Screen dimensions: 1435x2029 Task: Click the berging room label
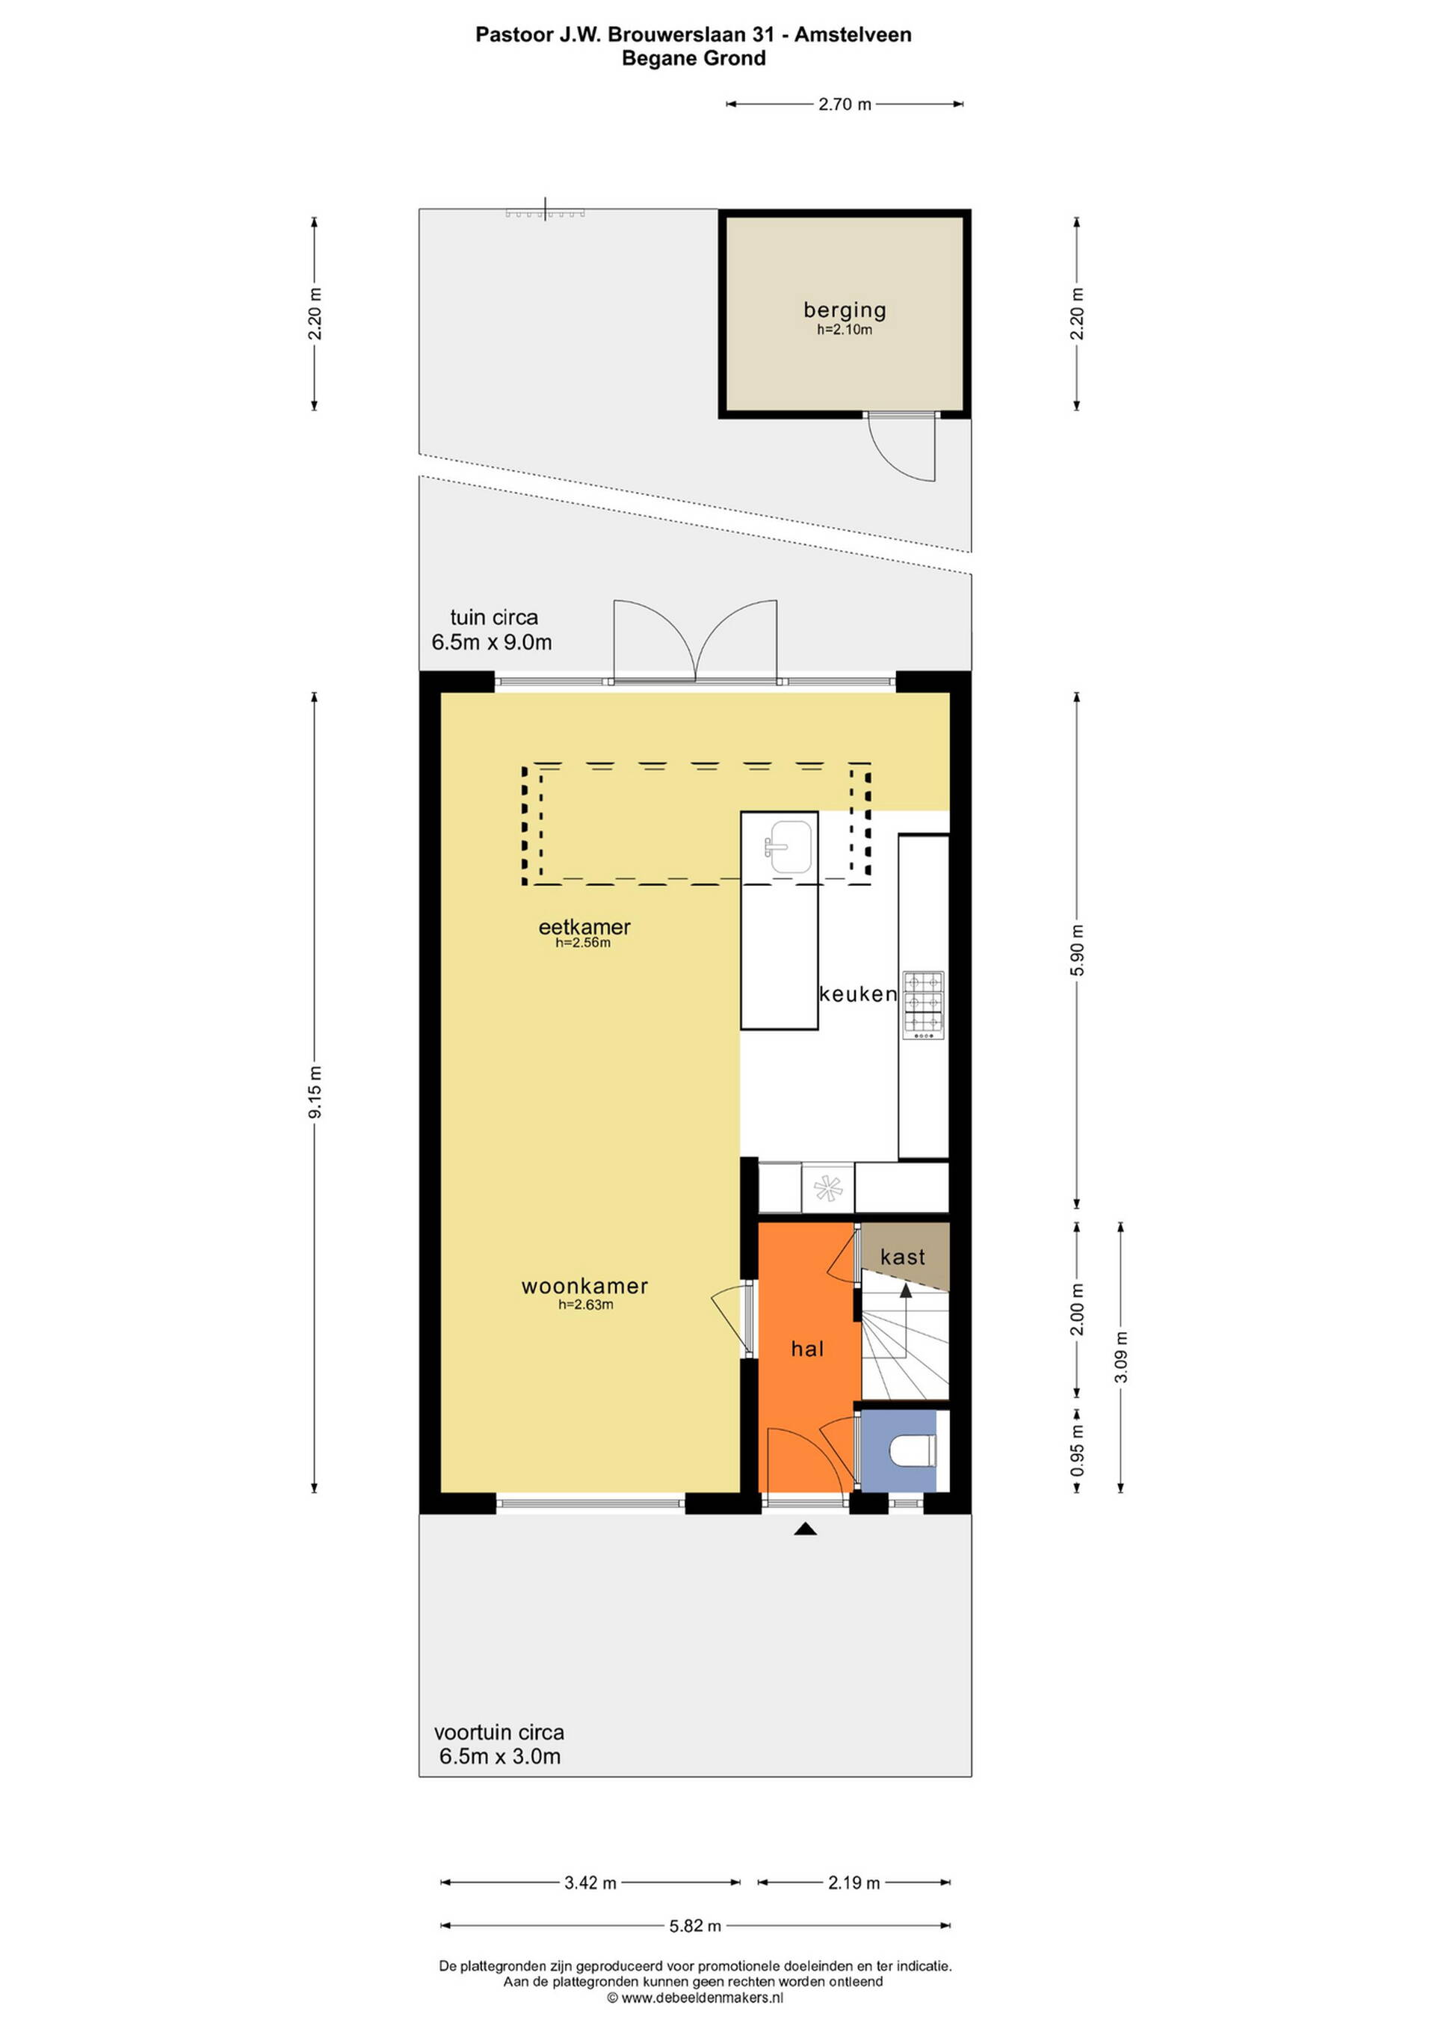pyautogui.click(x=844, y=310)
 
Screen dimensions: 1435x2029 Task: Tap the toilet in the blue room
pyautogui.click(x=913, y=1451)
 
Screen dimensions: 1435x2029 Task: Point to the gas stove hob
pyautogui.click(x=923, y=1006)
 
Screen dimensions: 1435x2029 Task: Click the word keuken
pyautogui.click(x=857, y=994)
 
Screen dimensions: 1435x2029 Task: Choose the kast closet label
pyautogui.click(x=902, y=1257)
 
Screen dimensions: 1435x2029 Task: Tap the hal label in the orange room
pyautogui.click(x=806, y=1349)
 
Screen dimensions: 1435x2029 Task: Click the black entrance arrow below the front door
pyautogui.click(x=805, y=1528)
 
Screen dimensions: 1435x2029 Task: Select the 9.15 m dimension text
pyautogui.click(x=315, y=1092)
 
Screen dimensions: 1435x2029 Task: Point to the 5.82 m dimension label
pyautogui.click(x=694, y=1926)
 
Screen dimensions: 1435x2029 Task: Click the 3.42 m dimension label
pyautogui.click(x=590, y=1883)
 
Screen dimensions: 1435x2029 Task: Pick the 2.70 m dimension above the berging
pyautogui.click(x=845, y=104)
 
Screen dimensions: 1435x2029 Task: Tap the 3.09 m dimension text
pyautogui.click(x=1120, y=1356)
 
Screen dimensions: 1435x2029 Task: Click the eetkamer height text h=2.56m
pyautogui.click(x=583, y=942)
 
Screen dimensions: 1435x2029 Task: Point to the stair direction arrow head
pyautogui.click(x=906, y=1290)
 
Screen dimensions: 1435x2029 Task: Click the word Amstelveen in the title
pyautogui.click(x=853, y=34)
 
